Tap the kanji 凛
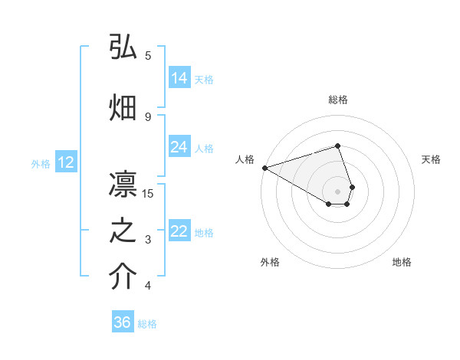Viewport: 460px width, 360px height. (123, 184)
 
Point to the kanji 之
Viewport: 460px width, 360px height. (123, 230)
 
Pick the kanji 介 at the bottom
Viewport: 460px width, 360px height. (123, 277)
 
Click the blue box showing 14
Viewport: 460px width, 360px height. (179, 77)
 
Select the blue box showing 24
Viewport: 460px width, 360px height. (179, 146)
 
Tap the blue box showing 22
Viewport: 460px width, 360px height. (179, 231)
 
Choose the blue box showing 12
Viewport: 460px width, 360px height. (65, 162)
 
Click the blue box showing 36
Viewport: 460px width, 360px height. (123, 322)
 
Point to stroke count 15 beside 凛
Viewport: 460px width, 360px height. (148, 193)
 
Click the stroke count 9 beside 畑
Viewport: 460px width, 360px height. (148, 116)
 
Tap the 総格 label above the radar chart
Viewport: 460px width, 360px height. (337, 100)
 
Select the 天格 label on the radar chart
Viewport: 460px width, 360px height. (431, 159)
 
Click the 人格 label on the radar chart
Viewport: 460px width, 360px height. (245, 159)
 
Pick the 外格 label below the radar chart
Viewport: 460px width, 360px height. (270, 262)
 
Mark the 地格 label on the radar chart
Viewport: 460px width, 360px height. (402, 262)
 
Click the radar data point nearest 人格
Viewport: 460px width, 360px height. (264, 167)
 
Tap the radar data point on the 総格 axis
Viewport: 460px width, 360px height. (337, 146)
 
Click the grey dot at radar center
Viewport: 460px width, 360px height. (337, 191)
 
